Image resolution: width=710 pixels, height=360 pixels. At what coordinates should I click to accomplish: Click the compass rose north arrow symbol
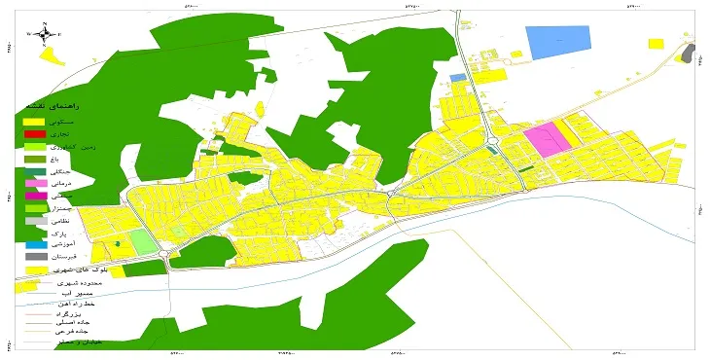pos(45,34)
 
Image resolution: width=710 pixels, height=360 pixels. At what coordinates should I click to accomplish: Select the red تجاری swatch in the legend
pos(35,133)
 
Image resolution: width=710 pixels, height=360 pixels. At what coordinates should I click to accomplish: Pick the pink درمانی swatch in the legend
pos(35,184)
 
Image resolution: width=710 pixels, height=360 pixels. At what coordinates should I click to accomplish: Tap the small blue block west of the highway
pos(457,76)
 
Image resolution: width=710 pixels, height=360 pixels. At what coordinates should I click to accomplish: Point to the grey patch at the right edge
pos(690,53)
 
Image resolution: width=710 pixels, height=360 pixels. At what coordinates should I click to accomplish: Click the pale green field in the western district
pos(142,241)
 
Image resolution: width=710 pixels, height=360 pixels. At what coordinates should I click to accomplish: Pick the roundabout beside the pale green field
pos(166,255)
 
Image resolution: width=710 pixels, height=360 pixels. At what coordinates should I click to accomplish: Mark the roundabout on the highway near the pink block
pos(491,143)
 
